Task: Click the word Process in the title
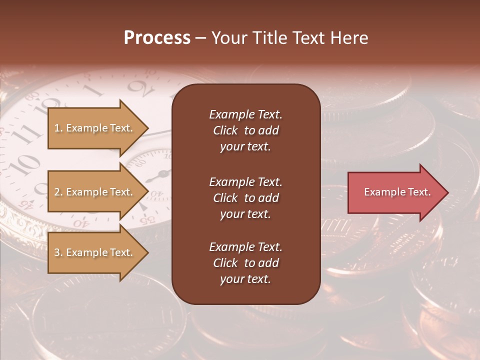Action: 157,38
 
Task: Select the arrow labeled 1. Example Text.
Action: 95,128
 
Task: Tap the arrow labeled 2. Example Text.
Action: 95,192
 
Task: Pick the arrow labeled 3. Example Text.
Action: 95,252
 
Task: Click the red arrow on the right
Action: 395,192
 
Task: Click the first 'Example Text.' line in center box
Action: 245,114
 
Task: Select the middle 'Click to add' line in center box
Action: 245,198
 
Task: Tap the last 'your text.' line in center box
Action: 245,279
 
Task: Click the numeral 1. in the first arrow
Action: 58,128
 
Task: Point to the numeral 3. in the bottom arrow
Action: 58,252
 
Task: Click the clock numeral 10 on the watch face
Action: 27,161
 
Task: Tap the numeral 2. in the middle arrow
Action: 58,192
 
